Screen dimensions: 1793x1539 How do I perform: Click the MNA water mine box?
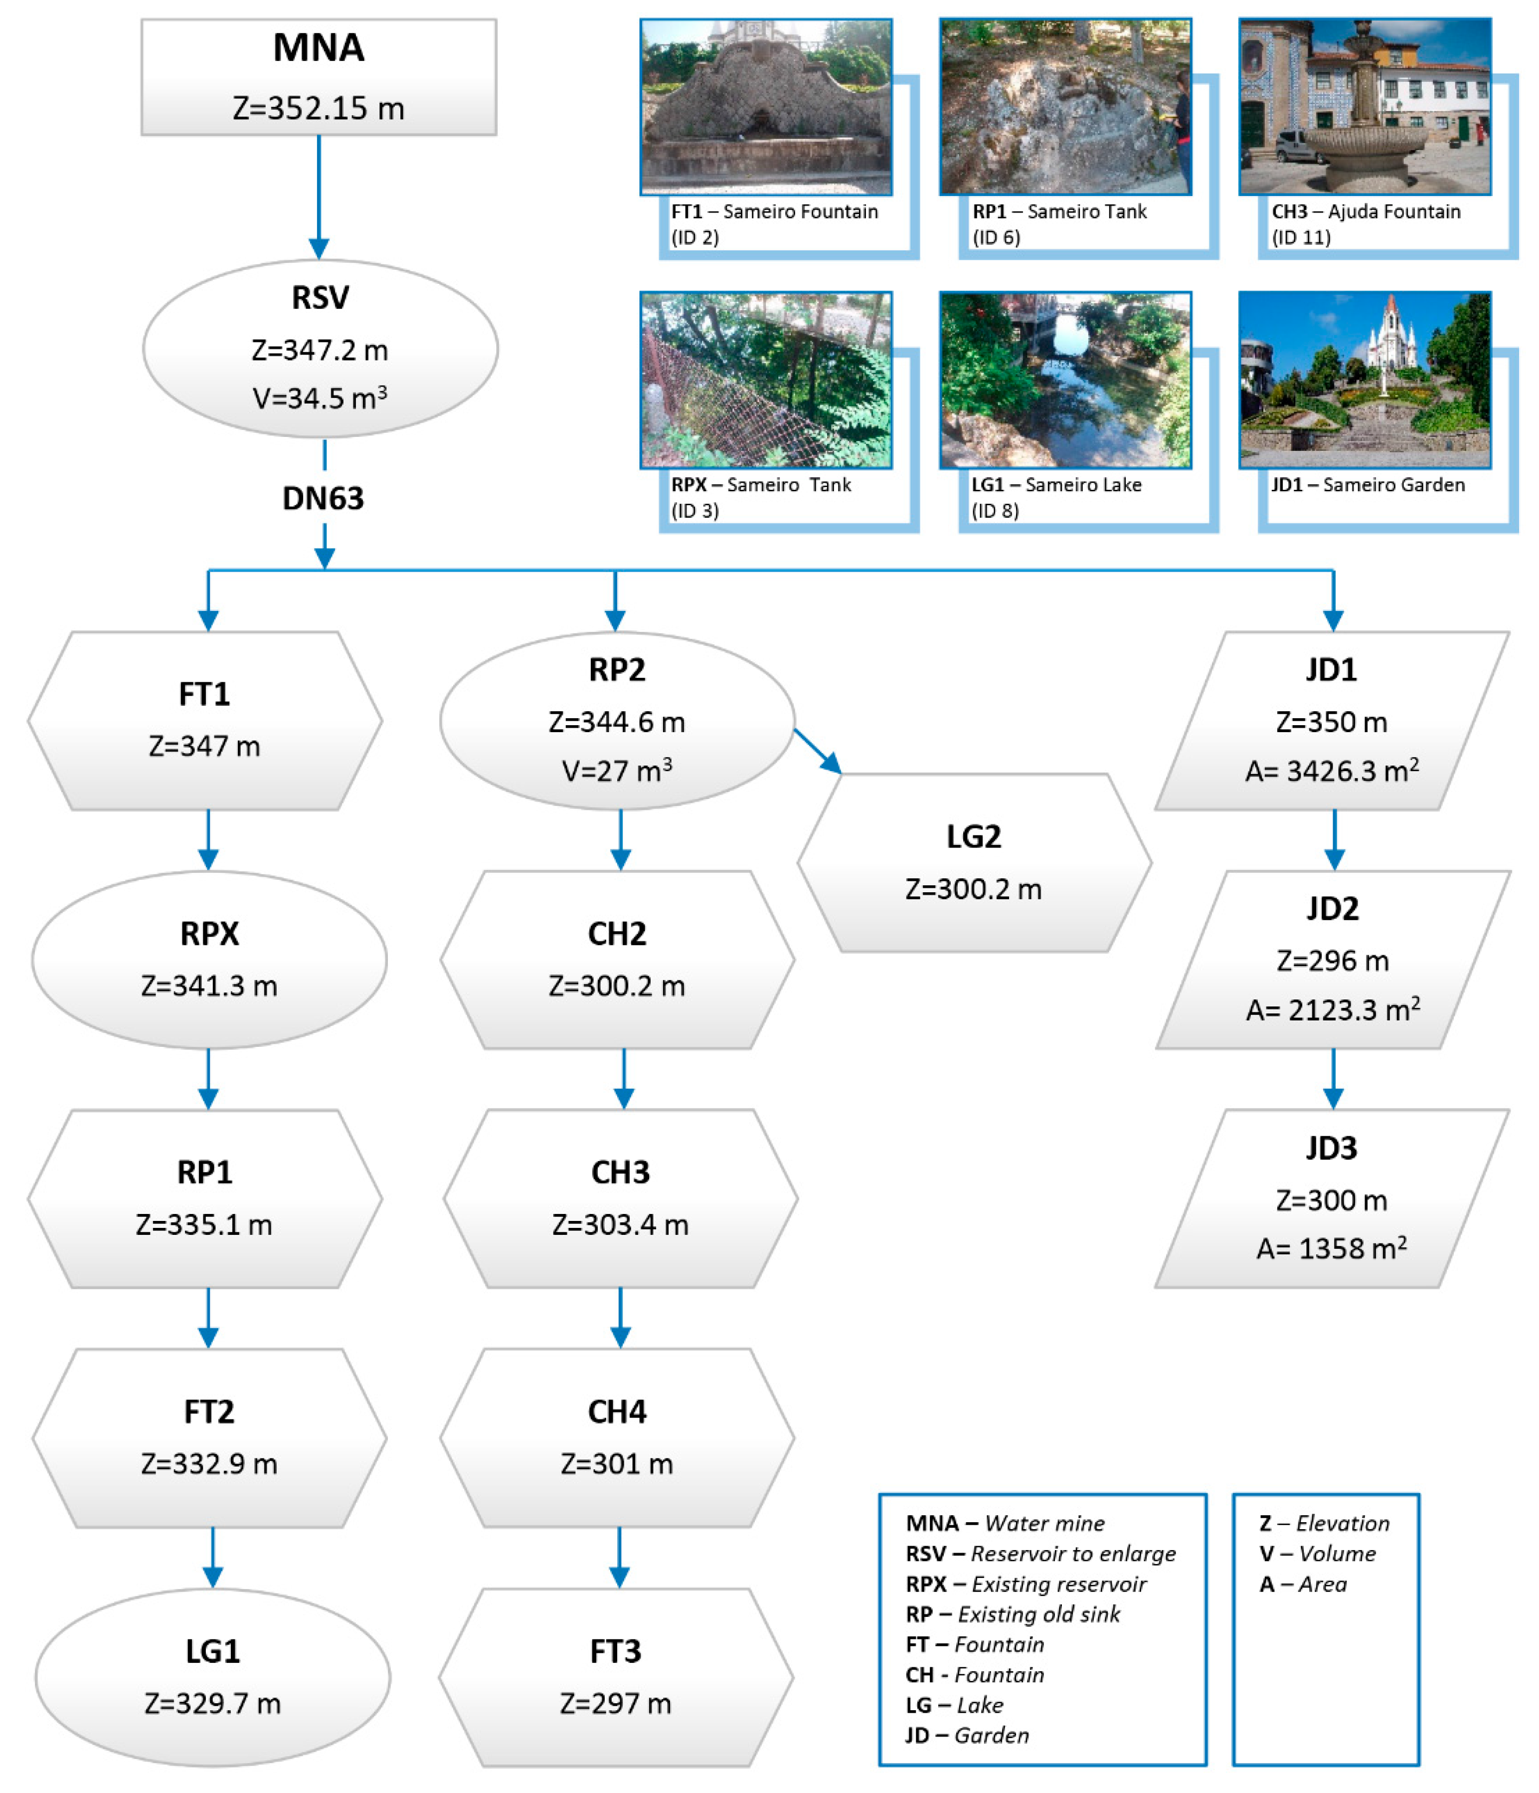click(319, 76)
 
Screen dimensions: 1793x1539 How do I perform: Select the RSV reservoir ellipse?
click(320, 348)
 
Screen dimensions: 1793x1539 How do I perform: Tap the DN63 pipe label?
click(323, 498)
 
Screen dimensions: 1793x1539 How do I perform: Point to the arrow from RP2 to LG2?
click(817, 750)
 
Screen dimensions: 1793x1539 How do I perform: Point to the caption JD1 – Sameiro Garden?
click(1367, 485)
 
